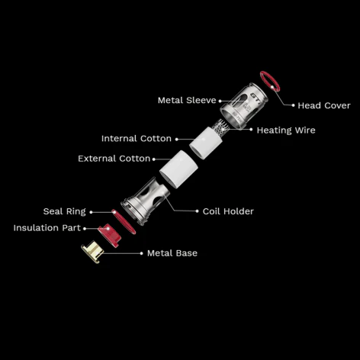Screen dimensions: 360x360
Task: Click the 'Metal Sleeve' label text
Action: click(x=187, y=100)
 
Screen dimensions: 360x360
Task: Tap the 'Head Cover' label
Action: click(x=324, y=105)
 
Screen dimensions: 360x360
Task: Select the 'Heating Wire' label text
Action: click(x=286, y=130)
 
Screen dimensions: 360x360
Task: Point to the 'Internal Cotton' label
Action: click(x=137, y=139)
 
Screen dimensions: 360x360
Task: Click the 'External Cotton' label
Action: click(x=114, y=159)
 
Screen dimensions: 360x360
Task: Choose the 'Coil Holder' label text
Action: click(x=228, y=211)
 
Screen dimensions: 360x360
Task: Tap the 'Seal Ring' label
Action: click(x=65, y=211)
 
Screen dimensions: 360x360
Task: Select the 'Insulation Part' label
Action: click(x=47, y=228)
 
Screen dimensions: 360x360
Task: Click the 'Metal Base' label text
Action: click(x=172, y=253)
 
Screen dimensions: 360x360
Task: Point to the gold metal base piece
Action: click(x=92, y=252)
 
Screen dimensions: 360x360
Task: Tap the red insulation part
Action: click(x=110, y=235)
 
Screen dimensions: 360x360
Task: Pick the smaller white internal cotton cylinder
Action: click(x=206, y=143)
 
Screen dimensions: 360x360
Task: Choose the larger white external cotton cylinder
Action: click(x=178, y=169)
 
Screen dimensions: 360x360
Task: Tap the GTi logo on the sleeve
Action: click(x=255, y=96)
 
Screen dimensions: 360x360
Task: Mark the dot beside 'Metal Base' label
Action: click(x=141, y=253)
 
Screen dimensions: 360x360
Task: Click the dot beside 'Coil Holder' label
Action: click(x=198, y=211)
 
